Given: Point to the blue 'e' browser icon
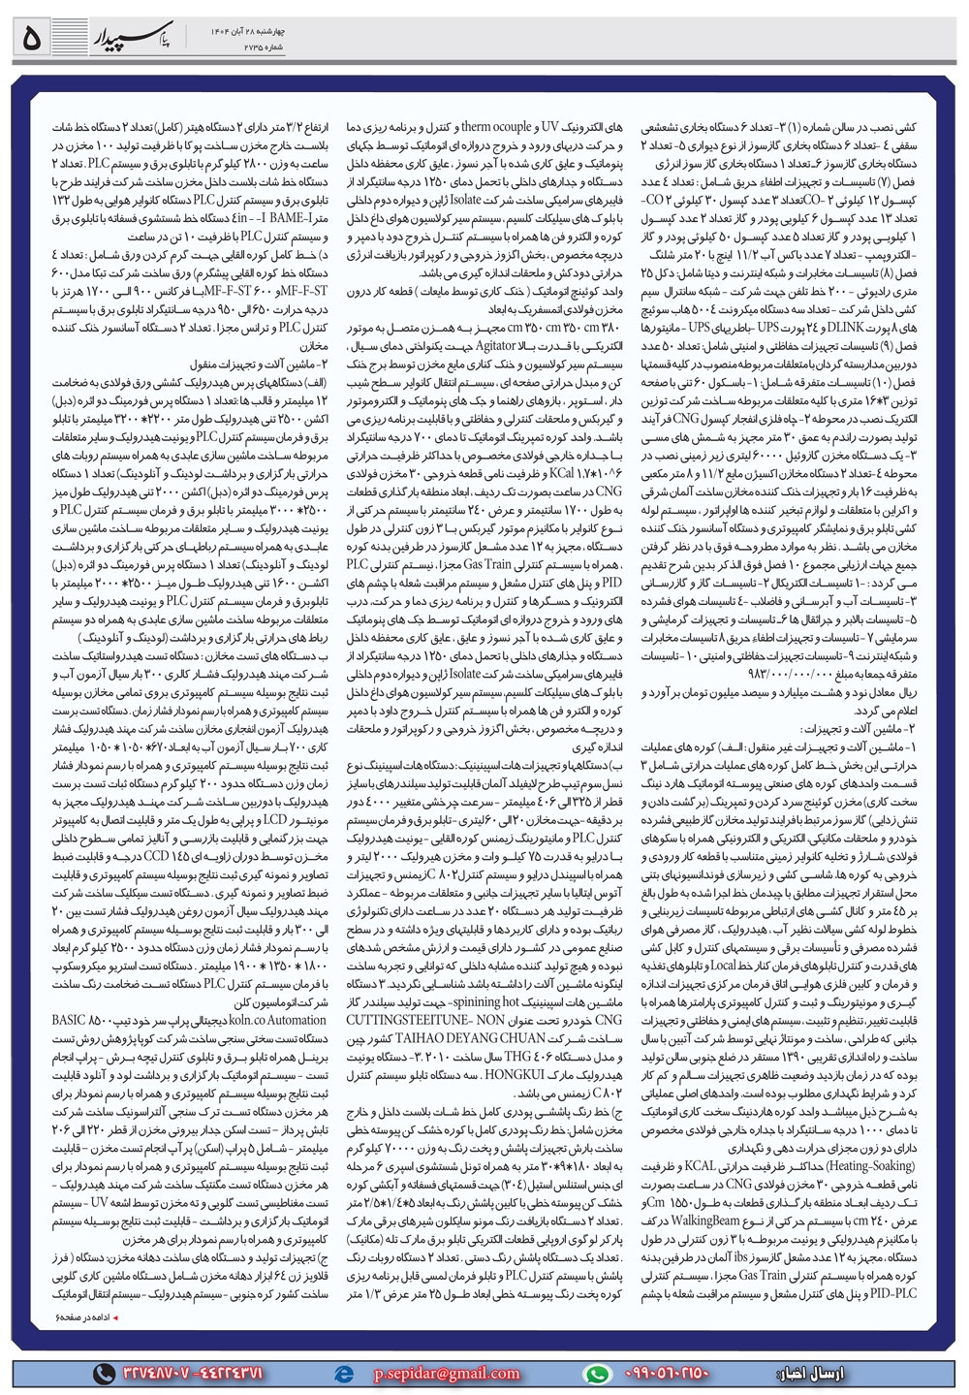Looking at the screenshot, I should click(x=343, y=1373).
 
